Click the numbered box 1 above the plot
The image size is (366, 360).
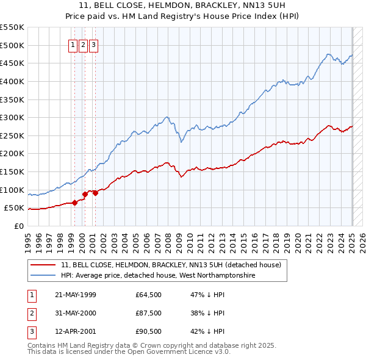pyautogui.click(x=73, y=45)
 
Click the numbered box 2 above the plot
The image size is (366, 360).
pyautogui.click(x=83, y=45)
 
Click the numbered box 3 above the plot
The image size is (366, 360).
pyautogui.click(x=93, y=45)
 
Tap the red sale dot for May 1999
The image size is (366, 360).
pyautogui.click(x=74, y=203)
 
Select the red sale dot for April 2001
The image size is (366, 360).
pyautogui.click(x=95, y=193)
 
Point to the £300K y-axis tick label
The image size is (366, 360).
pyautogui.click(x=12, y=117)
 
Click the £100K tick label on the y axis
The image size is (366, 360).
pyautogui.click(x=12, y=190)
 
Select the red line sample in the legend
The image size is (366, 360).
pyautogui.click(x=43, y=265)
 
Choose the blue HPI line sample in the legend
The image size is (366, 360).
pyautogui.click(x=43, y=275)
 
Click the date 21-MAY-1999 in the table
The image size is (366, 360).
pyautogui.click(x=76, y=295)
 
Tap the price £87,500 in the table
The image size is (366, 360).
pyautogui.click(x=149, y=313)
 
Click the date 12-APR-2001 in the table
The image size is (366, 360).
pyautogui.click(x=76, y=331)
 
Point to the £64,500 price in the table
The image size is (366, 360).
pyautogui.click(x=149, y=295)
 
